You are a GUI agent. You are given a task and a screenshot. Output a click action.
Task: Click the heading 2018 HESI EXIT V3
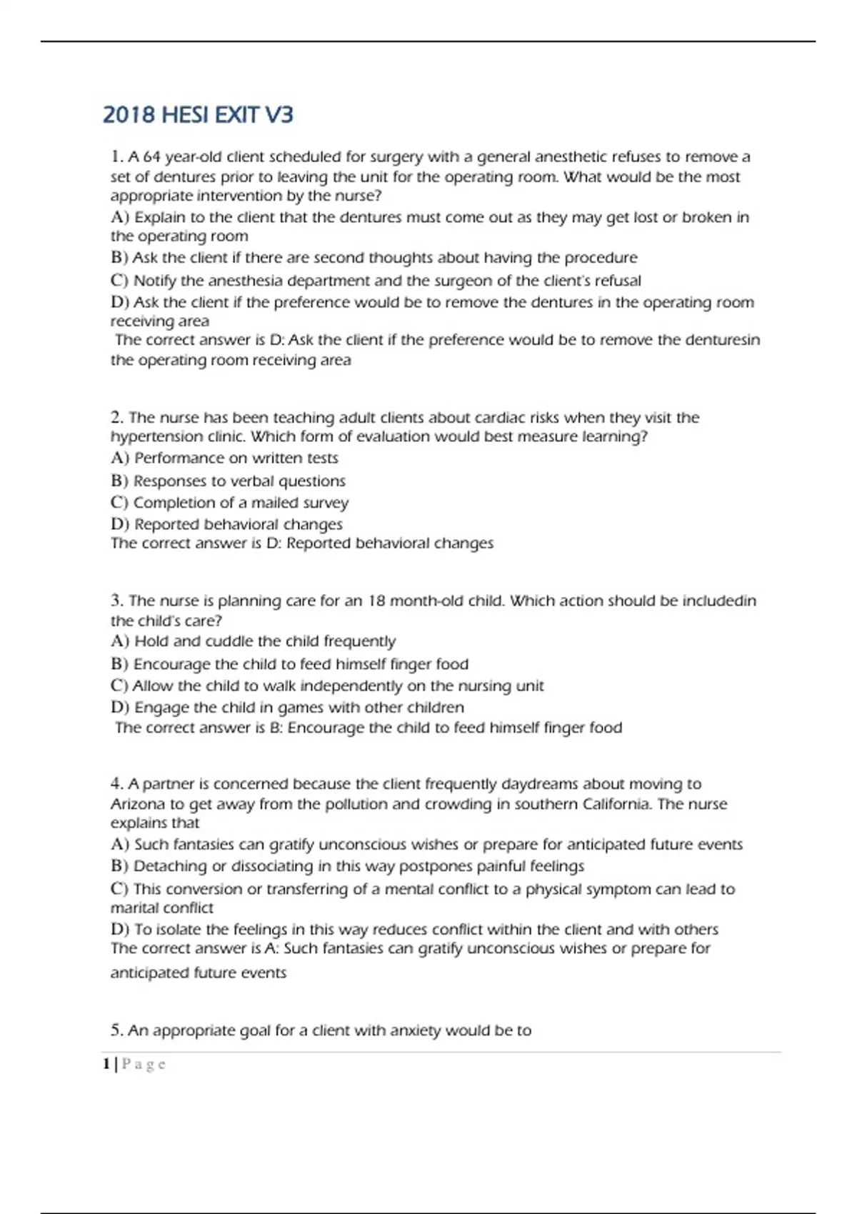(198, 115)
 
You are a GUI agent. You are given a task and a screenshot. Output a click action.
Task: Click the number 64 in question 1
(151, 156)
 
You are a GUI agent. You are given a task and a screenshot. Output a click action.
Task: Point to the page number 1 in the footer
(106, 1064)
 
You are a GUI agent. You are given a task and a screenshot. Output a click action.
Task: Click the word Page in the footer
(144, 1064)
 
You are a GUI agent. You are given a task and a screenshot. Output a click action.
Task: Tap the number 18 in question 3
(376, 601)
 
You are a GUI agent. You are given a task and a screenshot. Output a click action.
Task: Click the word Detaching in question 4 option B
(168, 866)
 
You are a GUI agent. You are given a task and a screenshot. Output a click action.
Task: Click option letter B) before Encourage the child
(119, 664)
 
